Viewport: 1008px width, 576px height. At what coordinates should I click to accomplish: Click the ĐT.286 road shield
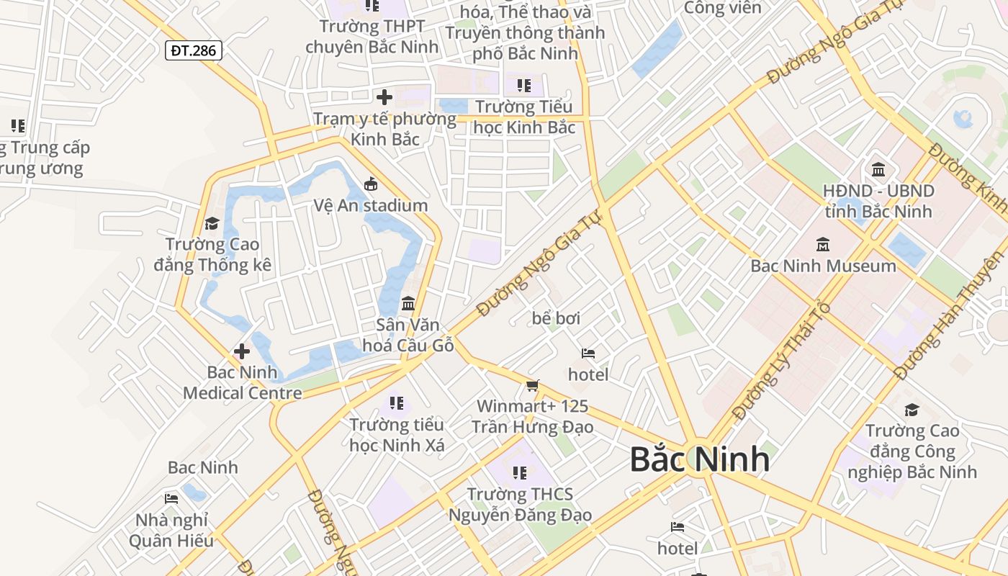tap(194, 50)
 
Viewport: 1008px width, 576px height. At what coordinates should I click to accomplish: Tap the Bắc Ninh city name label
tap(699, 459)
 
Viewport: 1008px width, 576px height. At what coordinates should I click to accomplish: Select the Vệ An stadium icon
tap(371, 184)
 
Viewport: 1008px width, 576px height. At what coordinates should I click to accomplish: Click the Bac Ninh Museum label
tap(823, 266)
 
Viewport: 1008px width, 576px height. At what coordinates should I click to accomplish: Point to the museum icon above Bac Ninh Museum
tap(823, 245)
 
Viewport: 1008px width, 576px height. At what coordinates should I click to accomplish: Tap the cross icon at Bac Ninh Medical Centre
tap(242, 351)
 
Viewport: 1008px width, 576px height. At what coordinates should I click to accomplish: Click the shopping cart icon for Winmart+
tap(532, 386)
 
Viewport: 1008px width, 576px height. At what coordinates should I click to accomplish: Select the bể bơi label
tap(556, 318)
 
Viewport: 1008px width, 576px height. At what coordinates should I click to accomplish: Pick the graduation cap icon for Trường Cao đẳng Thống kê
tap(212, 223)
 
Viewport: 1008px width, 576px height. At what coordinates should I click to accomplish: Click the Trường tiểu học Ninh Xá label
tap(397, 435)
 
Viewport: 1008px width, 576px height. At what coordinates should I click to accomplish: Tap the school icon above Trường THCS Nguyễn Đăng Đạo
tap(519, 473)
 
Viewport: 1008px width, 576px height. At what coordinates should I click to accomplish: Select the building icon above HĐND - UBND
tap(878, 170)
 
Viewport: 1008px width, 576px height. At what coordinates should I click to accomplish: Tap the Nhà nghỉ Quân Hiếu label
tap(171, 530)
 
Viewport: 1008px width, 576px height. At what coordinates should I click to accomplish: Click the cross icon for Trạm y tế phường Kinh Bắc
tap(384, 96)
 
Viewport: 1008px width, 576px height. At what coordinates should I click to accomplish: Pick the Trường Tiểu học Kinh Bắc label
tap(524, 117)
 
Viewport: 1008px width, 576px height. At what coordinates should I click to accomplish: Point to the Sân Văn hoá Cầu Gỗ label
tap(408, 335)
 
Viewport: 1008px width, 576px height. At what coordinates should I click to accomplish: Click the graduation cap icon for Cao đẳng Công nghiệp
tap(912, 410)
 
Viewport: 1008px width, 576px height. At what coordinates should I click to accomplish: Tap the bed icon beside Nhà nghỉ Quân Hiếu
tap(171, 498)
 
